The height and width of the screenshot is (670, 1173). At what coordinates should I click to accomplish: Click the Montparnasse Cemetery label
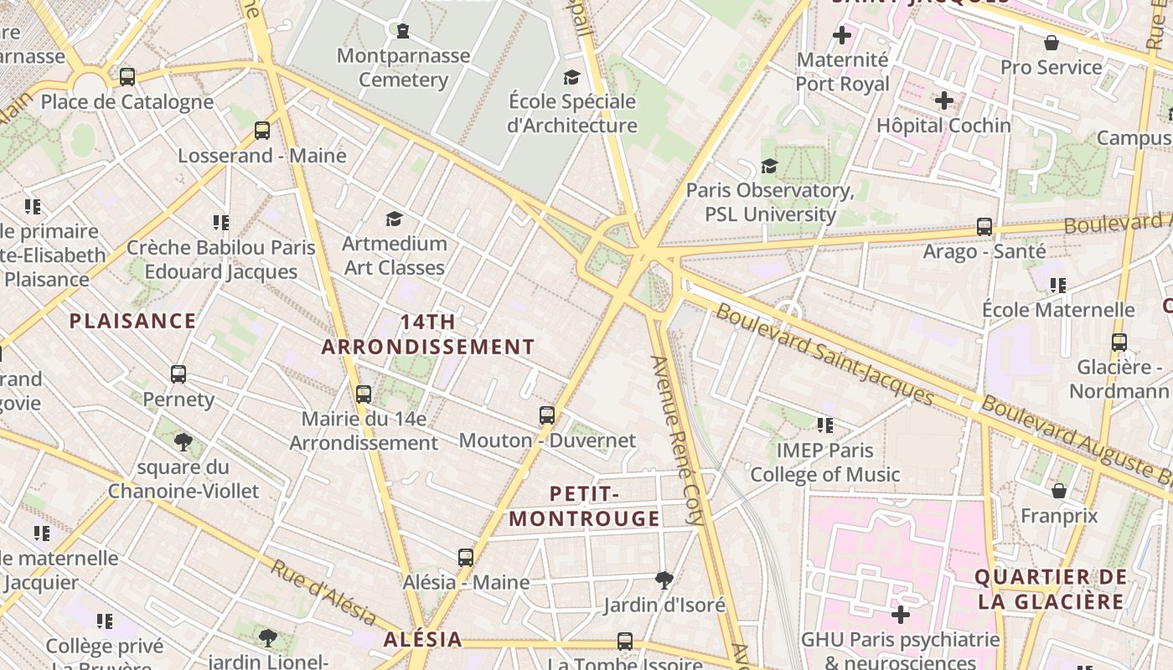403,68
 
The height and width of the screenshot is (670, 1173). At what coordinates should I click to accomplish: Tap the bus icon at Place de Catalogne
127,77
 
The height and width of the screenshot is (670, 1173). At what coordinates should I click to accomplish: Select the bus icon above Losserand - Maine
262,131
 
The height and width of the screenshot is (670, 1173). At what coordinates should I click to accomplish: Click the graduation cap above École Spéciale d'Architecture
571,78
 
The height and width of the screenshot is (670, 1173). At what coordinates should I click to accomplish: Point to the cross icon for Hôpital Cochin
944,101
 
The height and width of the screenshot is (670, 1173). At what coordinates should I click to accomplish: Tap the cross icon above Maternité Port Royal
842,36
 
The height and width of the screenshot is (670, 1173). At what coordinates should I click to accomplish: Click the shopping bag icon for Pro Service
1052,43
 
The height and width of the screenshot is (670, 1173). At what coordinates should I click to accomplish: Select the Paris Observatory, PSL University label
769,202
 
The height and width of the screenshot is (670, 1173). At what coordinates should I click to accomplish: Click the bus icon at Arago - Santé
984,227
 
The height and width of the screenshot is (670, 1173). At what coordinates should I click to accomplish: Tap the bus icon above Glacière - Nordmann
1119,343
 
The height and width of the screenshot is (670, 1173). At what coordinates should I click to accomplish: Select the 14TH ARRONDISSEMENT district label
428,334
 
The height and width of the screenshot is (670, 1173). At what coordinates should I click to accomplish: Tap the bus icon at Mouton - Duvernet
547,415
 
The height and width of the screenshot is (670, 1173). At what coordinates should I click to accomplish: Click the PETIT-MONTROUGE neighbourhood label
584,506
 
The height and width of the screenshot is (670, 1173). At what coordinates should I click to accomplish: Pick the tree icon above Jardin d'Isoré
664,580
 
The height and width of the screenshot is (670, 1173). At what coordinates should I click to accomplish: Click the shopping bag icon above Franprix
1059,491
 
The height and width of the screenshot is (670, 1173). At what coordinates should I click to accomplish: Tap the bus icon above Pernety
178,374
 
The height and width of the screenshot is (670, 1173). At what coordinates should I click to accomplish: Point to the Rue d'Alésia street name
323,592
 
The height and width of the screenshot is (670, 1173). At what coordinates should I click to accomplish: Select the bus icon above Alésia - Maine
466,558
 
